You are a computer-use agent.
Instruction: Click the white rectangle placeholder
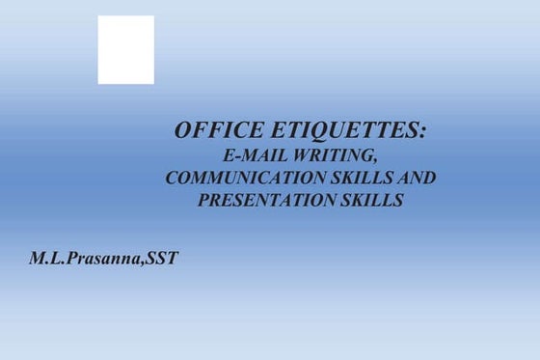coord(125,49)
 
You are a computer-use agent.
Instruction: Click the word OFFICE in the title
coord(210,131)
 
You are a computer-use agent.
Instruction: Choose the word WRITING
coord(336,155)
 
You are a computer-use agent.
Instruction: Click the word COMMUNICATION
coord(246,179)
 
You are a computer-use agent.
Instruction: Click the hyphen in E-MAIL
coord(235,157)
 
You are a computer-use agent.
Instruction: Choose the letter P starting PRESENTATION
coord(202,202)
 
